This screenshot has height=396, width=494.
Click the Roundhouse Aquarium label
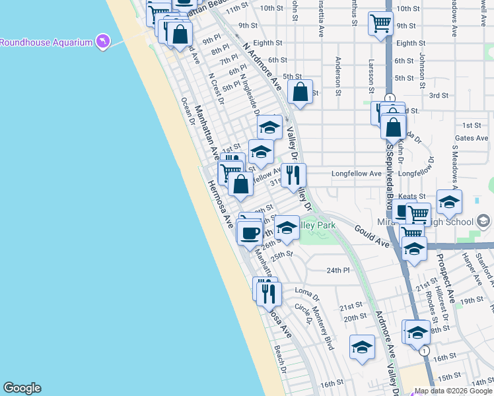pyautogui.click(x=45, y=42)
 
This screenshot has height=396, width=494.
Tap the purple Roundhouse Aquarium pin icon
pyautogui.click(x=103, y=42)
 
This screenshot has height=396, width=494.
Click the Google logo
pyautogui.click(x=22, y=388)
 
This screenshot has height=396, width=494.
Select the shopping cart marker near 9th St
pyautogui.click(x=381, y=24)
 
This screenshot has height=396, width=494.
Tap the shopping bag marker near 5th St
pyautogui.click(x=300, y=92)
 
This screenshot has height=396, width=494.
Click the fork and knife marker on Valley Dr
pyautogui.click(x=293, y=176)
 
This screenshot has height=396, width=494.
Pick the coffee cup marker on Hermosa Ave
pyautogui.click(x=250, y=232)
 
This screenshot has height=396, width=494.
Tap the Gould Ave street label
pyautogui.click(x=370, y=235)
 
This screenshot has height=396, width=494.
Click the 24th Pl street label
pyautogui.click(x=337, y=271)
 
